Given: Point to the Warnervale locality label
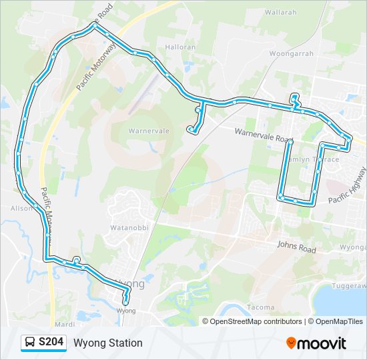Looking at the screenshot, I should click(149, 131).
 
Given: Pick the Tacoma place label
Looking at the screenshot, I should click(260, 307).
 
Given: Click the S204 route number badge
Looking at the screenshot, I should click(51, 343).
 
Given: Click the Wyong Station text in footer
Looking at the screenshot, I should click(108, 343).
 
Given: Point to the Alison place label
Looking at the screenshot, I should click(21, 208).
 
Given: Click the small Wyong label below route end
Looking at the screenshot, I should click(125, 311).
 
